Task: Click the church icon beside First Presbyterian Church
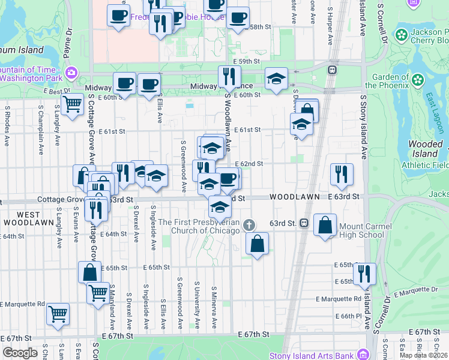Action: (x=249, y=225)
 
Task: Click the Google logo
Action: (x=20, y=353)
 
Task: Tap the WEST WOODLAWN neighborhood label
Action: (x=20, y=218)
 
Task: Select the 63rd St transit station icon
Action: (x=304, y=223)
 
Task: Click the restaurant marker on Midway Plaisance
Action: (x=229, y=76)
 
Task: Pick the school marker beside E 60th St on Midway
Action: (x=276, y=79)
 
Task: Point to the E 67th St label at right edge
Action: (x=427, y=332)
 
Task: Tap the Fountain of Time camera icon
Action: (x=72, y=73)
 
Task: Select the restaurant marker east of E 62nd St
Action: (x=341, y=174)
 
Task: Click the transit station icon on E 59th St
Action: (x=331, y=70)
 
